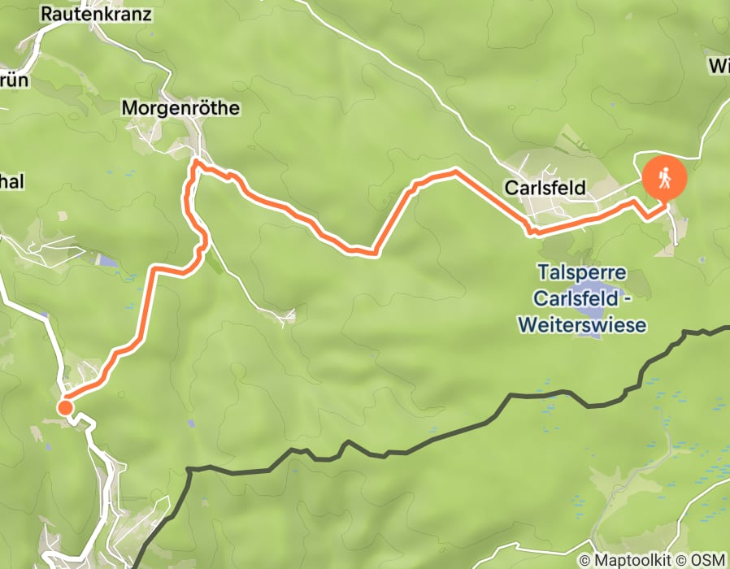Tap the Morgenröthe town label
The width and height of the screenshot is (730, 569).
(180, 107)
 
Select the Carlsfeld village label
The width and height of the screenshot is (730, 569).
(545, 188)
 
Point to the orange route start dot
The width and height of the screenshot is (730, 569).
(64, 407)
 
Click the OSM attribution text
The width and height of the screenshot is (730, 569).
(708, 560)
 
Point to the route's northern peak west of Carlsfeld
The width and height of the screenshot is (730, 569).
(454, 172)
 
